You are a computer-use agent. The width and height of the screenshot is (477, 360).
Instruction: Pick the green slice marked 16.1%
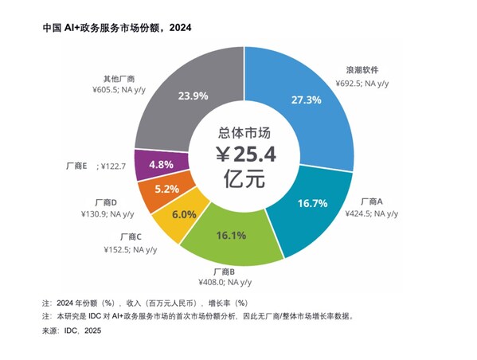coord(230,236)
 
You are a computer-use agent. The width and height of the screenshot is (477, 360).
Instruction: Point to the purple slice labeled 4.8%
coord(162,164)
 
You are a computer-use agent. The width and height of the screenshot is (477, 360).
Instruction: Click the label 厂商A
coord(372,202)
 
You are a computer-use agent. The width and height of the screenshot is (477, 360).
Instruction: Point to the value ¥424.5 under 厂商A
coord(359,213)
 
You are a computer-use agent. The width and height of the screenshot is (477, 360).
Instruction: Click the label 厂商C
coord(131,237)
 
